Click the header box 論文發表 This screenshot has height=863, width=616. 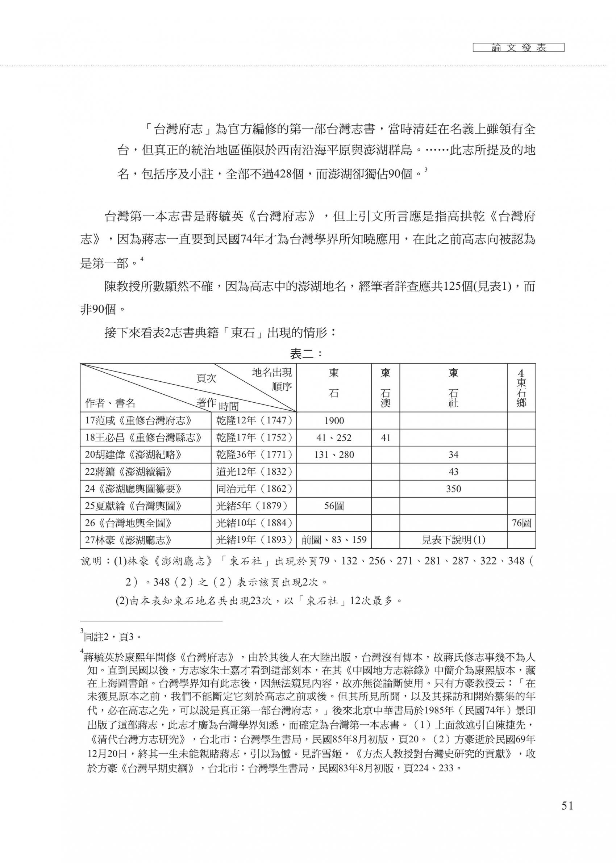pos(519,48)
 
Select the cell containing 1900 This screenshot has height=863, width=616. pos(334,421)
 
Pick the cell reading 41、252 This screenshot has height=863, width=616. pos(334,438)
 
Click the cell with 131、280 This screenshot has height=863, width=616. pos(334,455)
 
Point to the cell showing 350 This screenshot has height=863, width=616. pos(453,489)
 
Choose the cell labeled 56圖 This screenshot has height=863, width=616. pos(334,506)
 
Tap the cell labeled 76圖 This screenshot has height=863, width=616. pos(521,523)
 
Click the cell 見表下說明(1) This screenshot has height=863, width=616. pos(453,540)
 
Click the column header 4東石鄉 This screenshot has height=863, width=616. pos(521,388)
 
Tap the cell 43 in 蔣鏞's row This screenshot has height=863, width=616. pos(453,472)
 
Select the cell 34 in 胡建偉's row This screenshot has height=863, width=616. pos(453,455)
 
